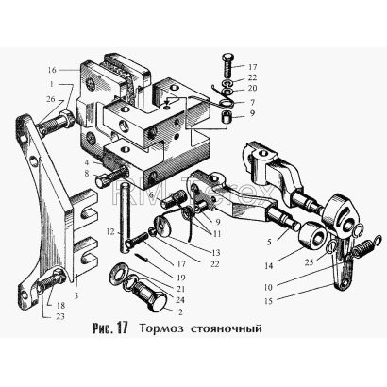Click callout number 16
click(52, 70)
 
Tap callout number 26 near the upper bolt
click(50, 99)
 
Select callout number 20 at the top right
click(252, 88)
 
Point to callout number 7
click(252, 103)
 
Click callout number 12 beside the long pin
click(110, 232)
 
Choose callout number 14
click(268, 266)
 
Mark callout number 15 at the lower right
click(268, 301)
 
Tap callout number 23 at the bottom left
click(59, 316)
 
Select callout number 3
click(76, 295)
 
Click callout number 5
click(269, 243)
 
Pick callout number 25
click(310, 261)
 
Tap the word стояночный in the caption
click(227, 328)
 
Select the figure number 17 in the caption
click(122, 328)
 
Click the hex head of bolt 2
click(157, 303)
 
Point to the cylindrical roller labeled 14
click(313, 237)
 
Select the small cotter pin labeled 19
click(142, 257)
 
